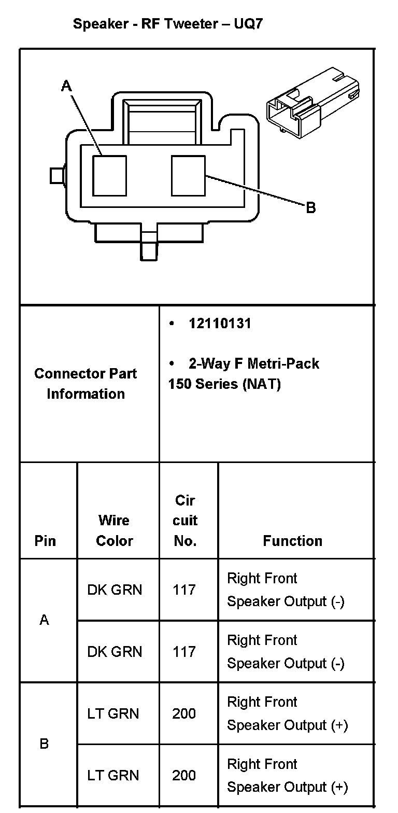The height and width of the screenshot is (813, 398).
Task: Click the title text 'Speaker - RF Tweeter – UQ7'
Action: pyautogui.click(x=168, y=24)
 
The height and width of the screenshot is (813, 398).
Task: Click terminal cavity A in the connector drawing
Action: pyautogui.click(x=109, y=175)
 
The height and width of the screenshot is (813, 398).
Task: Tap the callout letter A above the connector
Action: pyautogui.click(x=66, y=86)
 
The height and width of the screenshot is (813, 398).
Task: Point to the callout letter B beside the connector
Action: pyautogui.click(x=310, y=208)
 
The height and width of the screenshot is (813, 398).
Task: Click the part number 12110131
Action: pyautogui.click(x=220, y=324)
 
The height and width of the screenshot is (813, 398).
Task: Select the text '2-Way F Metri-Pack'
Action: pyautogui.click(x=253, y=363)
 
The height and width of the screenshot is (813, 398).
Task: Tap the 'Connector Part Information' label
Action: pyautogui.click(x=86, y=384)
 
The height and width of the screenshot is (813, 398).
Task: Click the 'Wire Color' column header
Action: pyautogui.click(x=115, y=530)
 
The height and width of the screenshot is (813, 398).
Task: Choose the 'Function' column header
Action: pyautogui.click(x=292, y=541)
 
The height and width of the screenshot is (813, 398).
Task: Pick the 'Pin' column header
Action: pyautogui.click(x=45, y=541)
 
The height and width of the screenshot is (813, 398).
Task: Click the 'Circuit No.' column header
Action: pyautogui.click(x=185, y=521)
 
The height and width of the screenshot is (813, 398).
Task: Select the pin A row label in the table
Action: pyautogui.click(x=45, y=620)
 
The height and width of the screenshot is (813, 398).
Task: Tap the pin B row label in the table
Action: pyautogui.click(x=45, y=744)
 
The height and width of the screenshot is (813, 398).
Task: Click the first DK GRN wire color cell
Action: pyautogui.click(x=115, y=590)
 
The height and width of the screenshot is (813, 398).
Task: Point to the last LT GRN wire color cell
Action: pyautogui.click(x=113, y=775)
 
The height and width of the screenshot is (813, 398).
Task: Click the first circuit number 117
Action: pyautogui.click(x=184, y=590)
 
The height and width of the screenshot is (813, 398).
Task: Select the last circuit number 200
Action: pyautogui.click(x=184, y=775)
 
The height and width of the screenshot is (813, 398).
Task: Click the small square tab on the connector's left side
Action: pyautogui.click(x=56, y=176)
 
